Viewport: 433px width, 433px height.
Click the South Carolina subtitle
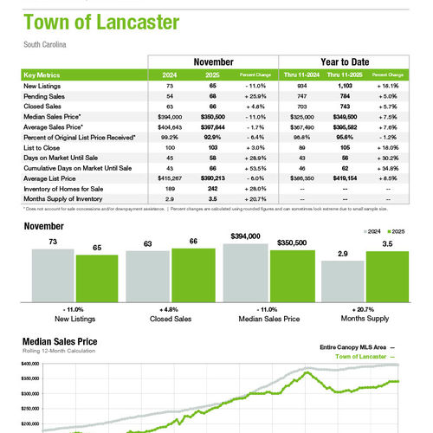click(45, 43)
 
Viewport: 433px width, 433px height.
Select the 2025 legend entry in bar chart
click(395, 233)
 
